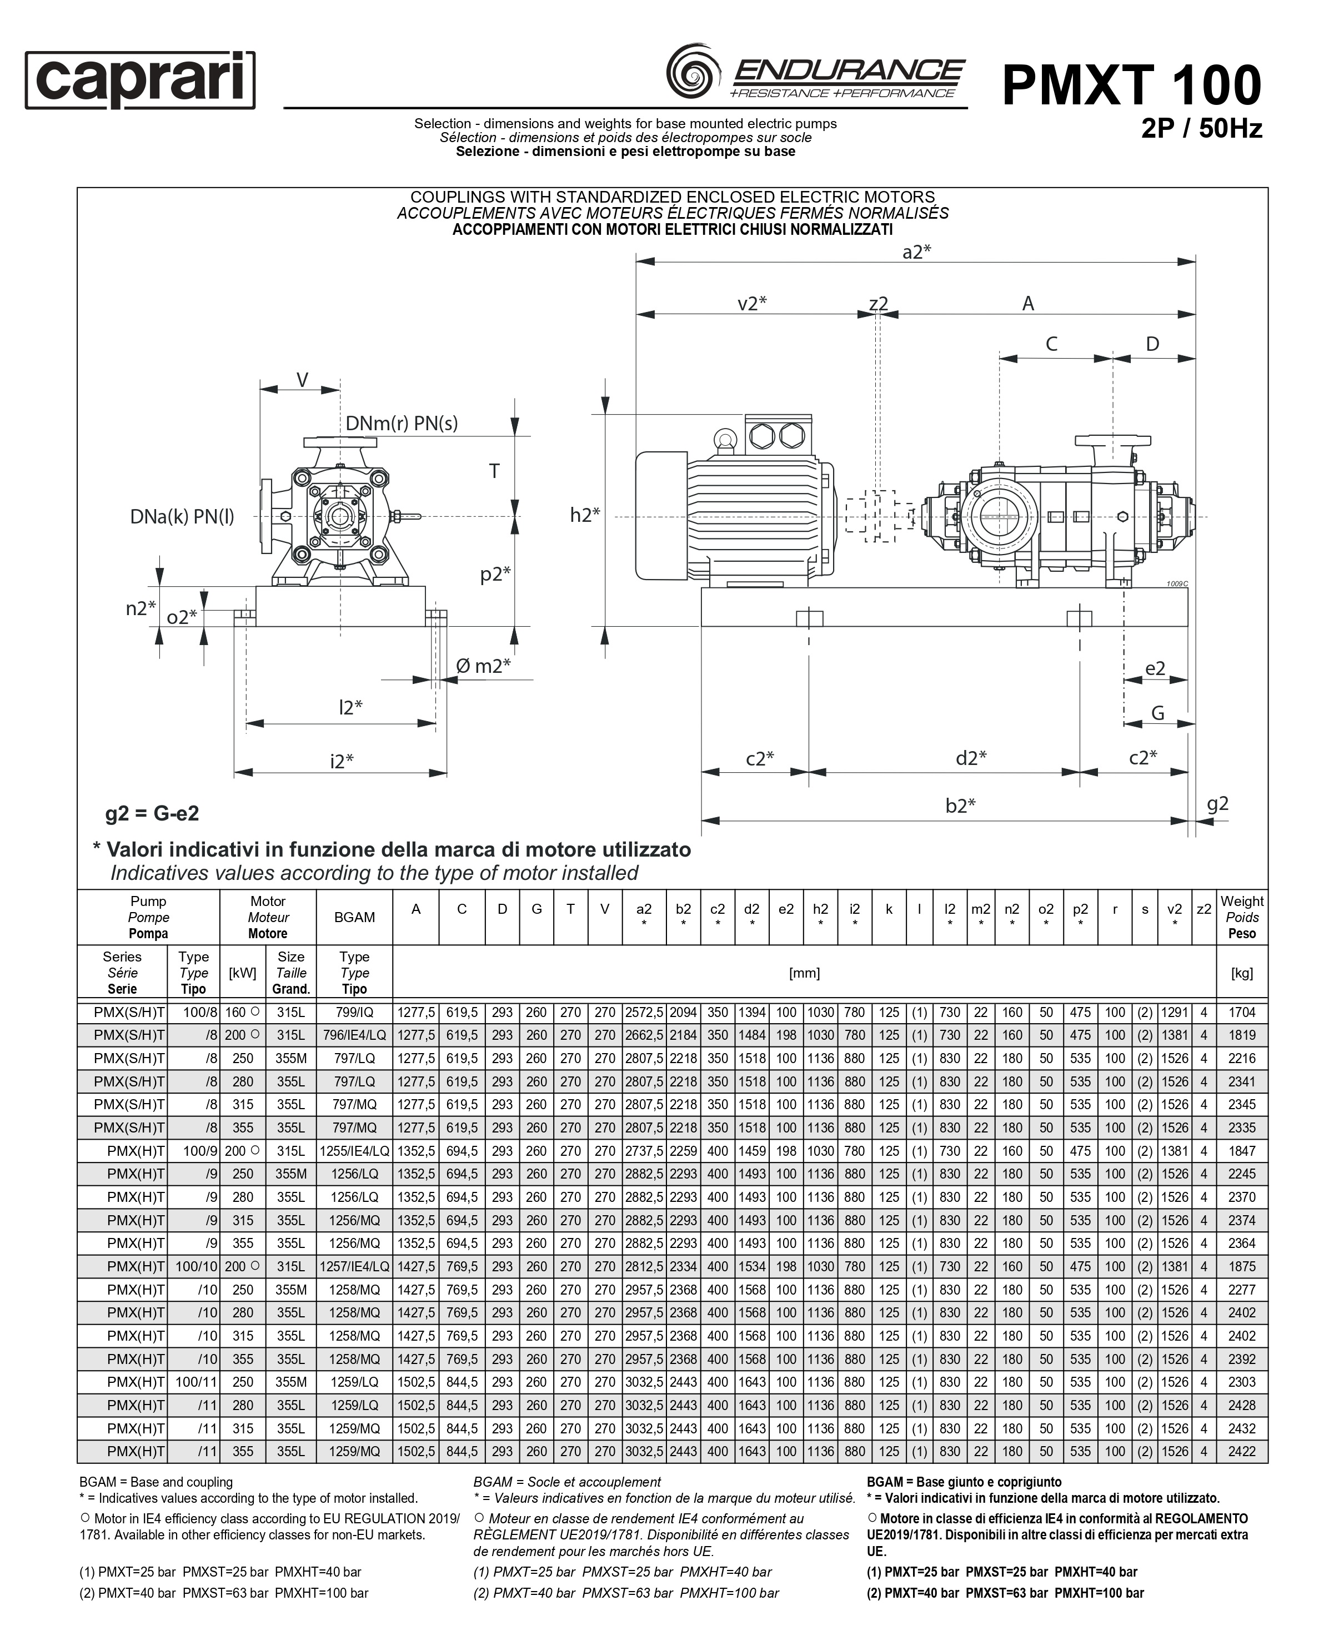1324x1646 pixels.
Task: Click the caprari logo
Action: point(140,80)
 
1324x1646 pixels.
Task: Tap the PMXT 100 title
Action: point(1132,85)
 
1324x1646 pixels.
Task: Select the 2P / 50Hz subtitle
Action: point(1201,128)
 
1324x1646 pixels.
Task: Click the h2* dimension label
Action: point(585,515)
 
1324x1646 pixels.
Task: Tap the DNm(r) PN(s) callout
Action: point(401,424)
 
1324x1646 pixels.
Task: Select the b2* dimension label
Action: point(960,806)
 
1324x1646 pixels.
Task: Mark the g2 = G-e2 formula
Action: point(152,814)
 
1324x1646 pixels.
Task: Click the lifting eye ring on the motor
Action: point(725,439)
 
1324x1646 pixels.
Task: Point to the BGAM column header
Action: point(354,918)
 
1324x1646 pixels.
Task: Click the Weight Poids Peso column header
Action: point(1242,918)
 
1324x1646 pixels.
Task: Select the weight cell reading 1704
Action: point(1242,1013)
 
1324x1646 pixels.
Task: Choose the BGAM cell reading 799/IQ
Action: point(354,1013)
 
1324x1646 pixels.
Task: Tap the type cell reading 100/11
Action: point(196,1382)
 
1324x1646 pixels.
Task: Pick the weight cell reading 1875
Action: point(1242,1267)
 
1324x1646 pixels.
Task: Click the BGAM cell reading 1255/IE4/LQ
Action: point(354,1151)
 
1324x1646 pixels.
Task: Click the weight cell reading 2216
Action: point(1242,1059)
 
